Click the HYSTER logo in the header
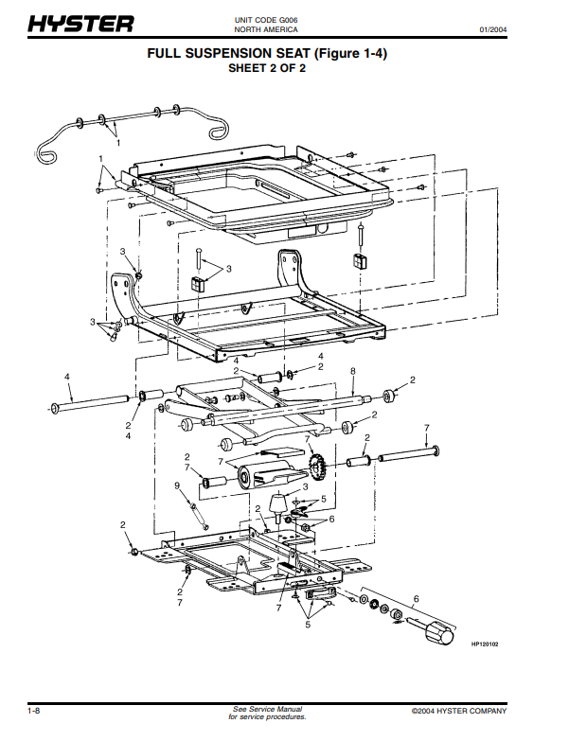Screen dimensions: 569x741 pyautogui.click(x=80, y=23)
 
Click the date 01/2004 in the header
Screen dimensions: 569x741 pyautogui.click(x=493, y=29)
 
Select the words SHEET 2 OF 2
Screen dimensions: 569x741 pyautogui.click(x=267, y=68)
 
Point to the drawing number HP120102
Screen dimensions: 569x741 pyautogui.click(x=485, y=644)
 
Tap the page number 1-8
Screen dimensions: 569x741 pyautogui.click(x=34, y=711)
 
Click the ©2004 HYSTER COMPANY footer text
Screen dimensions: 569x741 pyautogui.click(x=459, y=711)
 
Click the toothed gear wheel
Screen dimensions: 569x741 pyautogui.click(x=316, y=464)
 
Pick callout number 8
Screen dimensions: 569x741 pyautogui.click(x=352, y=371)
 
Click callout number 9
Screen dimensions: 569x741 pyautogui.click(x=177, y=485)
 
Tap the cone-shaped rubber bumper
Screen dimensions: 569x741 pyautogui.click(x=279, y=504)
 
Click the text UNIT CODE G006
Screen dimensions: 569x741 pyautogui.click(x=266, y=20)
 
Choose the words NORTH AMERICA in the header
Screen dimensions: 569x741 pyautogui.click(x=266, y=29)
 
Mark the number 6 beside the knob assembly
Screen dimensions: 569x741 pyautogui.click(x=416, y=599)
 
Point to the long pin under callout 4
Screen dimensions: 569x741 pyautogui.click(x=90, y=402)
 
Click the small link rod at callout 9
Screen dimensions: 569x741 pyautogui.click(x=199, y=516)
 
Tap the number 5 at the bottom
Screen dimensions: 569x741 pyautogui.click(x=308, y=625)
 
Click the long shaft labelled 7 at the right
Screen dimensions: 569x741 pyautogui.click(x=408, y=453)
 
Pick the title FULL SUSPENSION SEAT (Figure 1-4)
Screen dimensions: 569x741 pyautogui.click(x=267, y=53)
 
